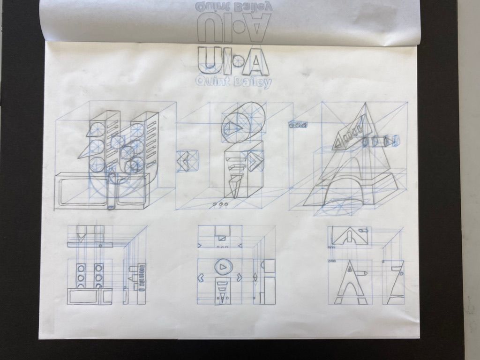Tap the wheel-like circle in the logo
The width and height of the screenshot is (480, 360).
[238, 61]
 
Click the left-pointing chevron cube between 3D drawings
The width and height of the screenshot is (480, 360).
[185, 161]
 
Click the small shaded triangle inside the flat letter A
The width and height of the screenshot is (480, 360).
[349, 269]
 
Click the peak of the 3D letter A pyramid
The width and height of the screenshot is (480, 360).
[365, 104]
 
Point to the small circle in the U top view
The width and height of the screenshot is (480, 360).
[100, 246]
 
